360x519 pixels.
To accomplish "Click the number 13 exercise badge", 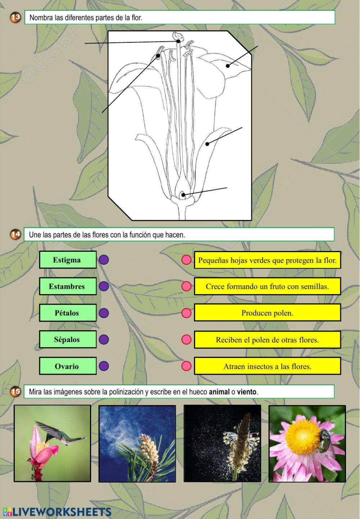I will pyautogui.click(x=15, y=17).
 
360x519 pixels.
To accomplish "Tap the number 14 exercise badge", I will pyautogui.click(x=15, y=235).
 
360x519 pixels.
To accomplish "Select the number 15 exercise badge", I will pyautogui.click(x=15, y=392).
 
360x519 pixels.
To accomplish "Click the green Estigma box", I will pyautogui.click(x=68, y=260).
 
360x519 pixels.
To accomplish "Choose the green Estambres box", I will pyautogui.click(x=68, y=286).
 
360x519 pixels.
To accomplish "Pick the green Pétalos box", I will pyautogui.click(x=68, y=313).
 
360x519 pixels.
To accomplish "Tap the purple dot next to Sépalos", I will pyautogui.click(x=104, y=340).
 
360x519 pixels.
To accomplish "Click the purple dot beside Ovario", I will pyautogui.click(x=104, y=366).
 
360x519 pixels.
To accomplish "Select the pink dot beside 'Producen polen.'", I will pyautogui.click(x=186, y=313).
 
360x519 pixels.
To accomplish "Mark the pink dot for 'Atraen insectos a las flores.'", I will pyautogui.click(x=186, y=366).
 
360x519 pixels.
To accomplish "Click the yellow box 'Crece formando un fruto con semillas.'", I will pyautogui.click(x=267, y=286).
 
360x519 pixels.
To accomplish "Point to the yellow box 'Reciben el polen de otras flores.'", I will pyautogui.click(x=267, y=340).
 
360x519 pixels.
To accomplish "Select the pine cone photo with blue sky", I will pyautogui.click(x=137, y=443).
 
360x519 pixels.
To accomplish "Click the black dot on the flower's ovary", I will pyautogui.click(x=183, y=195).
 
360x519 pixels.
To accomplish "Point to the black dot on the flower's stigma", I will pyautogui.click(x=178, y=41).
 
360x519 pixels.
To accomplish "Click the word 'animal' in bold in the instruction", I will pyautogui.click(x=219, y=392).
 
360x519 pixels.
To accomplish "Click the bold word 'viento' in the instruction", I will pyautogui.click(x=247, y=392).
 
